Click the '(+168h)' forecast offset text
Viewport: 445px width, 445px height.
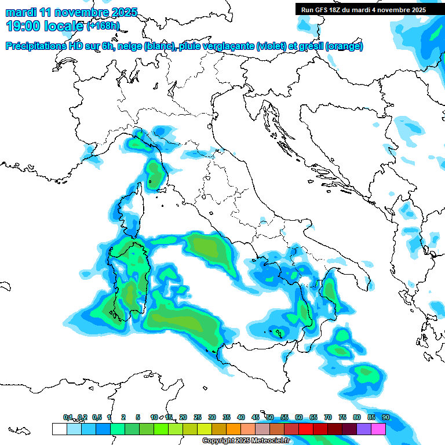103,25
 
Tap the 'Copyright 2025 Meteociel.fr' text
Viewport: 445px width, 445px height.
245,441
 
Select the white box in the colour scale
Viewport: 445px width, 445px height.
59,429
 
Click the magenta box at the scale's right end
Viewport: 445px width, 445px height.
378,429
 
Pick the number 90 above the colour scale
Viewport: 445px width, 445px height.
386,417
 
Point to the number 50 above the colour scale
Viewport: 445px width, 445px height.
270,417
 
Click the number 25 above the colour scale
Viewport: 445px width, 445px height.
198,417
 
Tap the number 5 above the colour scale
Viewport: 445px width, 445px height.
138,417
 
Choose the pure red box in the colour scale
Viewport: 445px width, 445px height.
306,429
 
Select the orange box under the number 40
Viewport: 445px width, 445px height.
234,429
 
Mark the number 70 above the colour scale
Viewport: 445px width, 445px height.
328,417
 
